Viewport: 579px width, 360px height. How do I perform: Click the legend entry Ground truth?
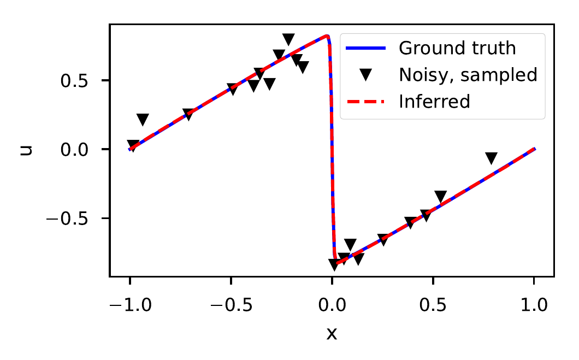457,48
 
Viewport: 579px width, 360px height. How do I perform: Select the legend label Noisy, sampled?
468,75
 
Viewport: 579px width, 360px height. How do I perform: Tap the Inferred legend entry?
434,102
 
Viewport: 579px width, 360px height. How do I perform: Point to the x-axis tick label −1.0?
129,305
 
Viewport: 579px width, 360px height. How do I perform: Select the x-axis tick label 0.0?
332,305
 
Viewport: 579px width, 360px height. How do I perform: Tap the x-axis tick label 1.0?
534,305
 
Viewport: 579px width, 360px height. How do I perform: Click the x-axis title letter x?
332,333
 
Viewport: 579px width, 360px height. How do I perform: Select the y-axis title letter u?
25,149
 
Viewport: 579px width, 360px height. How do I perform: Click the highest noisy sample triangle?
288,39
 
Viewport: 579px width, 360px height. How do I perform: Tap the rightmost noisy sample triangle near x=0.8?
491,158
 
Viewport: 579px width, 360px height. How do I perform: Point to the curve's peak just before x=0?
327,36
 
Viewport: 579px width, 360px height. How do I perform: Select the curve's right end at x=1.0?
534,149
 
